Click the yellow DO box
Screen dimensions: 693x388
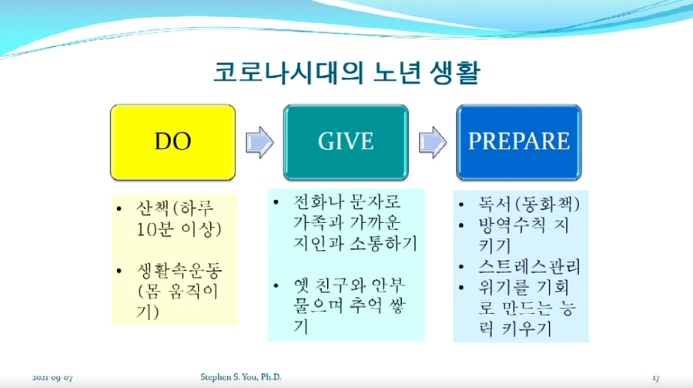point(172,142)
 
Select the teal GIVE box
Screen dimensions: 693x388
point(346,142)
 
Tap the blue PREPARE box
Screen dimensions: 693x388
point(519,142)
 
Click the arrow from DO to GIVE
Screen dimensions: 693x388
point(259,142)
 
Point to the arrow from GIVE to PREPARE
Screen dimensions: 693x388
point(433,142)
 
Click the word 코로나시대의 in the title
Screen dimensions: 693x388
point(289,73)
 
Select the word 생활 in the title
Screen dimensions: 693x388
point(455,73)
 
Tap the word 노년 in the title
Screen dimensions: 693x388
point(397,73)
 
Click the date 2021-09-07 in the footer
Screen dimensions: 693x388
point(52,378)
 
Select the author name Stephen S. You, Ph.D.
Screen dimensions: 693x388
point(241,377)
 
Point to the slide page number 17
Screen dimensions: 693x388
point(656,378)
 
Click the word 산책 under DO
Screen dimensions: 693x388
point(152,207)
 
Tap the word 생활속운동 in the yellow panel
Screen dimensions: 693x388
point(179,270)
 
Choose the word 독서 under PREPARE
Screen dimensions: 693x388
point(494,204)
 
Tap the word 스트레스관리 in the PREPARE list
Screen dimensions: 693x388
point(529,267)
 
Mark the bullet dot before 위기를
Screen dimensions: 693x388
point(462,288)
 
